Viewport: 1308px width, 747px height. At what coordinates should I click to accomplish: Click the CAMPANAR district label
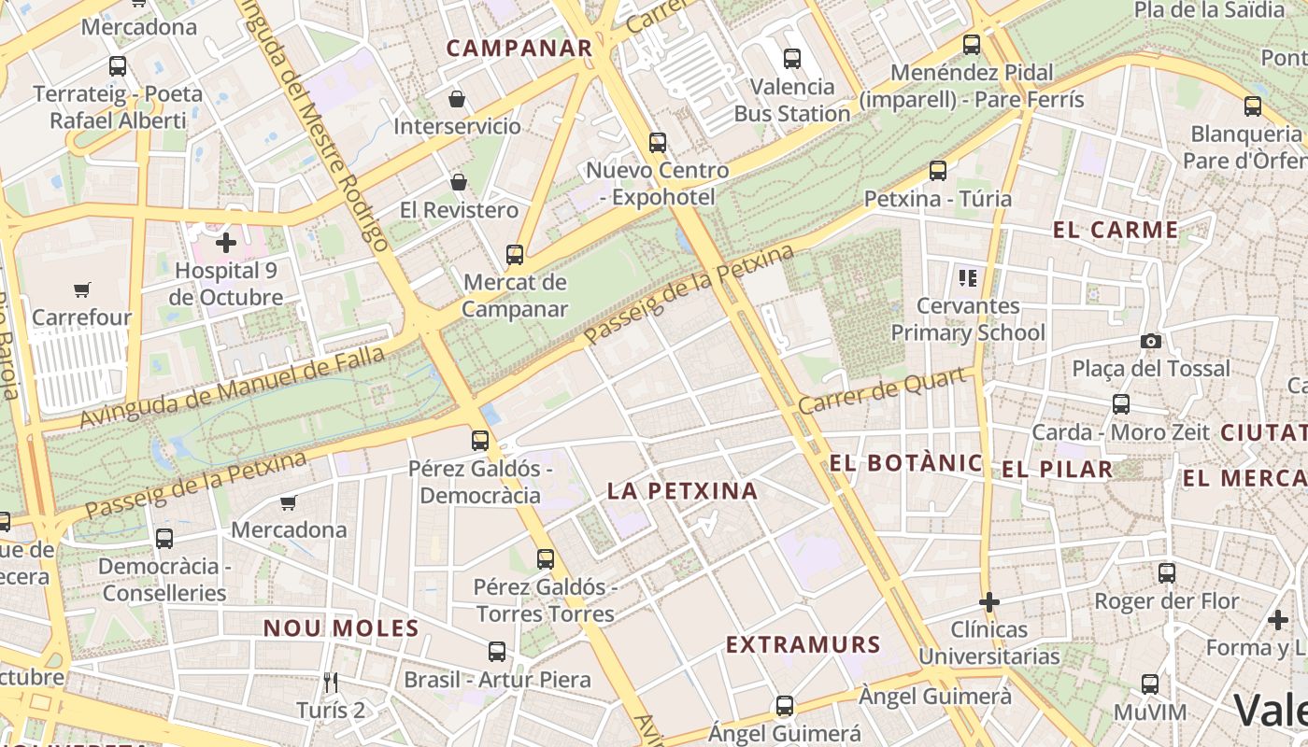(519, 49)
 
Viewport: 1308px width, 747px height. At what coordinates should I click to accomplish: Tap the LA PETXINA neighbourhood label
(682, 491)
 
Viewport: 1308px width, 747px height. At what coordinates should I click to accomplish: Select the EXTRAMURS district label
(803, 644)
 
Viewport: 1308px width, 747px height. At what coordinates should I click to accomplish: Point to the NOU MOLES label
(341, 628)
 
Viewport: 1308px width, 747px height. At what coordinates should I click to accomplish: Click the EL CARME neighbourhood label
(1116, 230)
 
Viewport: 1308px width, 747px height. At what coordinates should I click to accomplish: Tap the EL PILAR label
(1058, 470)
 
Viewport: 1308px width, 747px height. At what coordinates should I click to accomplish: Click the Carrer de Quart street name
(882, 392)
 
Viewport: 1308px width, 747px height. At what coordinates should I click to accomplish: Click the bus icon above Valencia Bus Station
(792, 59)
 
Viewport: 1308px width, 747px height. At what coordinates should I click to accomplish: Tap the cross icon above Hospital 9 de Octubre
(226, 243)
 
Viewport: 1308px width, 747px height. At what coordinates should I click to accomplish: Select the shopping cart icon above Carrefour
(82, 290)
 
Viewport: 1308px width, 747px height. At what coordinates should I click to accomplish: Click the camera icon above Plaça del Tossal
(1151, 342)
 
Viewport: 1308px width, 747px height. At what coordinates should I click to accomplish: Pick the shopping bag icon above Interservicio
(458, 99)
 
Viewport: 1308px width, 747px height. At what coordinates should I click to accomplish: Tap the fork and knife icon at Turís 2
(330, 683)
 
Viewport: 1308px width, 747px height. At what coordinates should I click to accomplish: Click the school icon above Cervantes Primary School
(967, 277)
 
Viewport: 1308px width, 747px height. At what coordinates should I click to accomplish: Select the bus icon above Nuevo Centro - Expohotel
(658, 143)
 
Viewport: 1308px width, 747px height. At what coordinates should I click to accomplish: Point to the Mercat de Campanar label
(515, 295)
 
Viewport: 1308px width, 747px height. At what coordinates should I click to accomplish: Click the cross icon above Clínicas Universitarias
(989, 602)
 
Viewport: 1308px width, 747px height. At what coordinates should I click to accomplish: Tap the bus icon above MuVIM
(1150, 684)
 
